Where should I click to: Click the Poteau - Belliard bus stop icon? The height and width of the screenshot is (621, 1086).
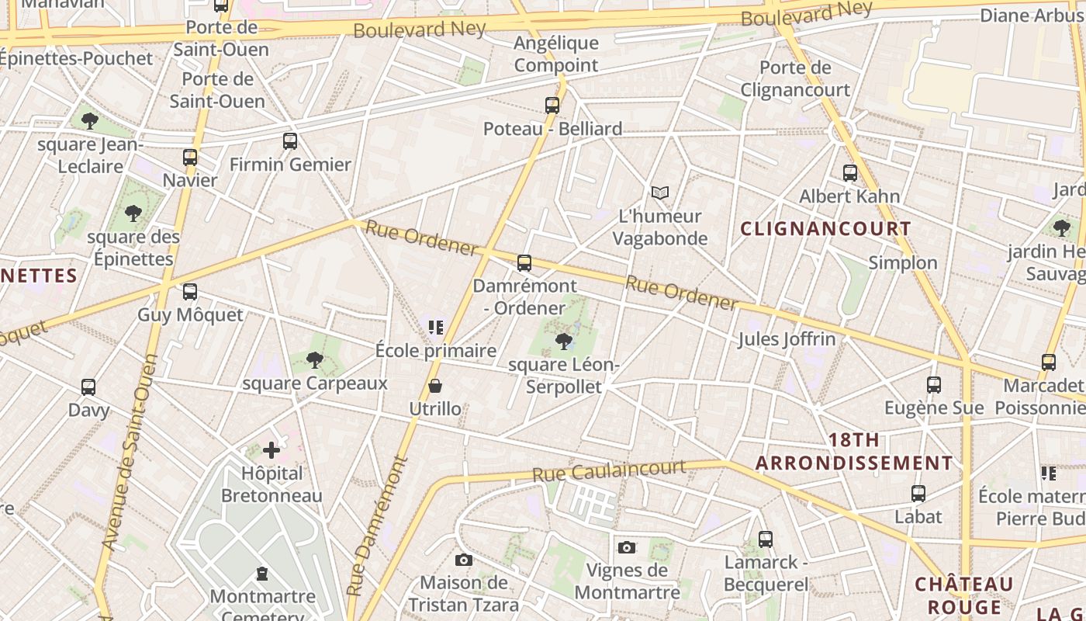click(x=552, y=106)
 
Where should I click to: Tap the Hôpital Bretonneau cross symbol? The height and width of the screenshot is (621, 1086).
click(x=271, y=449)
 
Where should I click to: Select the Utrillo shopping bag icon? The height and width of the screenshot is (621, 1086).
click(x=435, y=386)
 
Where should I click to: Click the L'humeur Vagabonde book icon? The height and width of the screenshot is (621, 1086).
click(x=659, y=193)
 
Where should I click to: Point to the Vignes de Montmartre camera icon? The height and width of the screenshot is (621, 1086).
click(x=627, y=547)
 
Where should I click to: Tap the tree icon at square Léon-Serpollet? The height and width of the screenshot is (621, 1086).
click(x=564, y=341)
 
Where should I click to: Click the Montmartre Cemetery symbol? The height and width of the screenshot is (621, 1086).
click(x=262, y=574)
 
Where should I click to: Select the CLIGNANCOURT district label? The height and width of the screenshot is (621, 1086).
click(x=825, y=229)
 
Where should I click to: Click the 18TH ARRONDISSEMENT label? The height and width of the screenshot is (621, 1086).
click(x=854, y=452)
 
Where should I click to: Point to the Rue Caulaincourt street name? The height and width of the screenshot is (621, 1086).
click(x=609, y=470)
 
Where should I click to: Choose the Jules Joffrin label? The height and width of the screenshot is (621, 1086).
click(x=787, y=339)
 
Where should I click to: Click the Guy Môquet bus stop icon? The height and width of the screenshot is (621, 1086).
click(x=190, y=292)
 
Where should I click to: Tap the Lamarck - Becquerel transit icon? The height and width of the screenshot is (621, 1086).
click(x=766, y=539)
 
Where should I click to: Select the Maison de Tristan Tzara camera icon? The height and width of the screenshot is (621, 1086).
click(x=463, y=560)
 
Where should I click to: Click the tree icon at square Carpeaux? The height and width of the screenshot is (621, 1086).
click(x=314, y=360)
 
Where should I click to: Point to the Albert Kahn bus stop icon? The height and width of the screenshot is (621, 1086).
click(x=850, y=173)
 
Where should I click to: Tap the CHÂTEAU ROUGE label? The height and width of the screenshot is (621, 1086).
click(x=964, y=595)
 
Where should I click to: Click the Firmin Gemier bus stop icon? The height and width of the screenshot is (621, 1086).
click(x=290, y=141)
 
